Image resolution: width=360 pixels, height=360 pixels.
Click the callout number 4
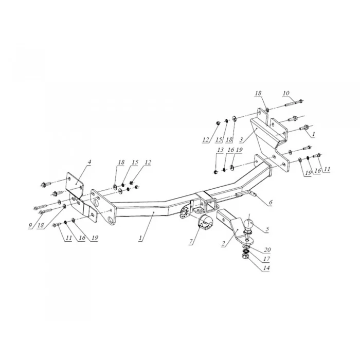click(x=89, y=162)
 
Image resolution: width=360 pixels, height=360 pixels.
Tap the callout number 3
click(x=241, y=139)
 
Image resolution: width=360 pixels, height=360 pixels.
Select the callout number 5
click(x=267, y=229)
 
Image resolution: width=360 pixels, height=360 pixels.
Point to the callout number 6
click(x=271, y=202)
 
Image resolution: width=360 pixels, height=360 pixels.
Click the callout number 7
click(x=191, y=242)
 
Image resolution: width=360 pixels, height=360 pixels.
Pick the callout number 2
click(x=223, y=244)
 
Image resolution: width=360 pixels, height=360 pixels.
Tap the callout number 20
click(x=267, y=249)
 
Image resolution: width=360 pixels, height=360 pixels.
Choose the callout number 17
click(x=266, y=259)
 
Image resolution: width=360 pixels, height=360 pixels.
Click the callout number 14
click(x=266, y=268)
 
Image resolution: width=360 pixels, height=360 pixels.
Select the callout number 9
click(x=30, y=225)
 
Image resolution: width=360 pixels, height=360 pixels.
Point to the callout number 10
click(x=286, y=93)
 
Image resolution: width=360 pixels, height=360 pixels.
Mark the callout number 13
click(x=220, y=150)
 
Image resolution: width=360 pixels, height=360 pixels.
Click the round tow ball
click(x=249, y=224)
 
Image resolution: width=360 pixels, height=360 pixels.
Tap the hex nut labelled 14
click(x=245, y=256)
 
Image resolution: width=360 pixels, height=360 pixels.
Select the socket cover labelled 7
click(x=205, y=222)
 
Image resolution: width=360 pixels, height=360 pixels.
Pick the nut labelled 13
click(x=215, y=172)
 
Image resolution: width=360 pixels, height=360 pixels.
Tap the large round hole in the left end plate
click(x=96, y=203)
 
